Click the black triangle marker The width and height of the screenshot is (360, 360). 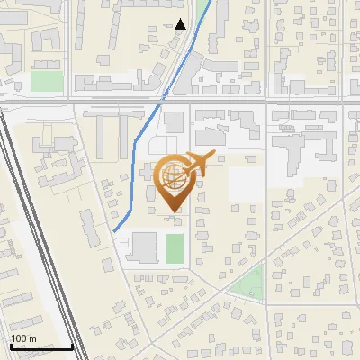coord(181,24)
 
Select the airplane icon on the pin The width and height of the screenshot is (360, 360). coord(199,164)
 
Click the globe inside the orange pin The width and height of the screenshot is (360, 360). coord(172,175)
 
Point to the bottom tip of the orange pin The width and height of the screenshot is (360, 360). coord(172,211)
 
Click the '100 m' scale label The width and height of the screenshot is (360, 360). coord(23,338)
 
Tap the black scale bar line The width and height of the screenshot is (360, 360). coord(40,346)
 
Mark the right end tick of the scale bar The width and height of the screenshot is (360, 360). coord(73,345)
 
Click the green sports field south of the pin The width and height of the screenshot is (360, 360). coord(175,248)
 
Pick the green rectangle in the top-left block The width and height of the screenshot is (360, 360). coord(47,81)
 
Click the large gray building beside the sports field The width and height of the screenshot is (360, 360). coord(145,247)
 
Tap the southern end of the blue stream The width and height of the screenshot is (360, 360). coord(114,231)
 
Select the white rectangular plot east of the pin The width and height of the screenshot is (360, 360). coord(247,184)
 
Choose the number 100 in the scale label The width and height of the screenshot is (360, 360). coord(18,338)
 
